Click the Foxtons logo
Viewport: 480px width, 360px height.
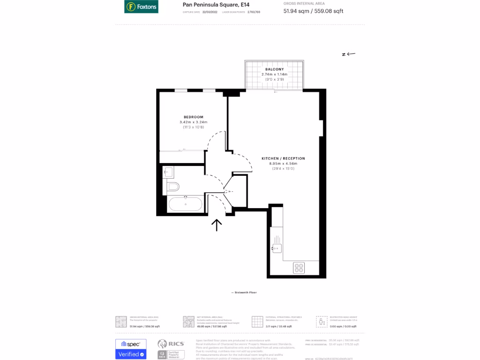[x=141, y=7]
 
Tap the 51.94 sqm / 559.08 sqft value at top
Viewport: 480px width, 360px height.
[x=313, y=11]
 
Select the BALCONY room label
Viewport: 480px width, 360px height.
[x=274, y=69]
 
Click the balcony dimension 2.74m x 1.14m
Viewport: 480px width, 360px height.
[x=274, y=75]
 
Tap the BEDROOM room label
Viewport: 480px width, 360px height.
[x=193, y=117]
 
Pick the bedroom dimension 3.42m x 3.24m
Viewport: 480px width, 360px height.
[x=193, y=122]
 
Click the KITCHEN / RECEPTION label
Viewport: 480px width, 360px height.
[x=283, y=158]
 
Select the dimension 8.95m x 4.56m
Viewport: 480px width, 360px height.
[x=283, y=164]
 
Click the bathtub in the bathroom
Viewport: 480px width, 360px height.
[x=186, y=204]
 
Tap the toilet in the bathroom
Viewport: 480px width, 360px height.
[x=173, y=187]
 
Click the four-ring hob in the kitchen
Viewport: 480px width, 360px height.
[x=299, y=268]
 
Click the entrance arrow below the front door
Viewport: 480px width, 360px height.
[x=217, y=225]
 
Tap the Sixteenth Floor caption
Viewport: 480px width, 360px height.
[x=244, y=292]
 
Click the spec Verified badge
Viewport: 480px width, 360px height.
[x=131, y=349]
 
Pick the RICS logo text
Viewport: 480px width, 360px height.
[x=174, y=344]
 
